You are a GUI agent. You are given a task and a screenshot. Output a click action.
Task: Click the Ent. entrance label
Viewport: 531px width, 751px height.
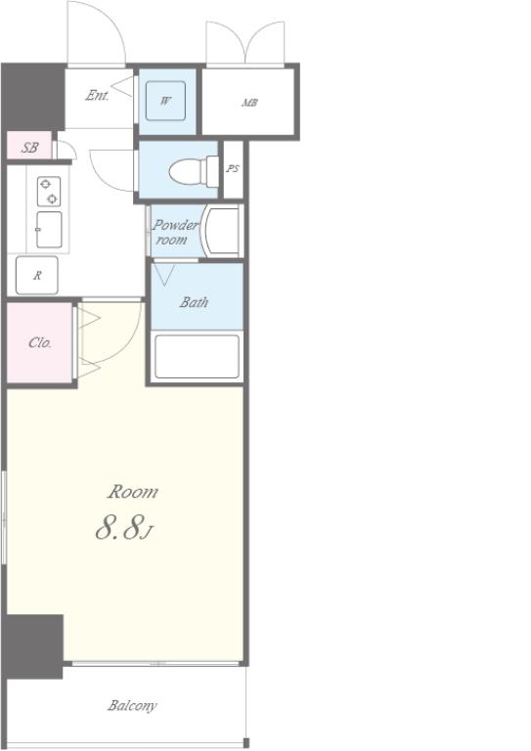pos(97,95)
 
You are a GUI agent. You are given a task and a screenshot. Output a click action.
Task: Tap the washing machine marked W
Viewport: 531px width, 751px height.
pos(165,101)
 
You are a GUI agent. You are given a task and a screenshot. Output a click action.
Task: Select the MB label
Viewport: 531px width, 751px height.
pos(249,103)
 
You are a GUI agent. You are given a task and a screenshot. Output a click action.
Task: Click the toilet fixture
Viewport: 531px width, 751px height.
pos(194,171)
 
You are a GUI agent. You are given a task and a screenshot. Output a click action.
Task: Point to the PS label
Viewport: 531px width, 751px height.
pos(233,168)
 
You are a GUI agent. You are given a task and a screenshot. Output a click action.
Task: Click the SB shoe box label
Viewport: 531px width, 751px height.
pos(29,148)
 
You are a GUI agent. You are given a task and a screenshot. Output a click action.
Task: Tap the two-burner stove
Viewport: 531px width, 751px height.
pos(49,191)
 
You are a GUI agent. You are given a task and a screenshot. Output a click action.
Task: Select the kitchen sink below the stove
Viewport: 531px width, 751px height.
pos(49,230)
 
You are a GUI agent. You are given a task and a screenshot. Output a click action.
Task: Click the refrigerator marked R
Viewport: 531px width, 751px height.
pos(37,275)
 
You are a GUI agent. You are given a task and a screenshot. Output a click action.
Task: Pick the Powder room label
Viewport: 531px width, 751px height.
pos(175,233)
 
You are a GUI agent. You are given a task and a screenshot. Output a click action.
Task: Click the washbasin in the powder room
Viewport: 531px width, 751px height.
pos(220,232)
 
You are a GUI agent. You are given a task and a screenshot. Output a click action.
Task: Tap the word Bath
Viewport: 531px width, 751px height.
pos(194,302)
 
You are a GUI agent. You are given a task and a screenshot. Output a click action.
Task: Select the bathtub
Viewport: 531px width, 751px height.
pos(197,356)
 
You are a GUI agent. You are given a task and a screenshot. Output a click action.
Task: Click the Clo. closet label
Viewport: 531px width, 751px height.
pos(40,342)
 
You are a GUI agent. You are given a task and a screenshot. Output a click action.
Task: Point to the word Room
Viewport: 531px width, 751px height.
pos(132,492)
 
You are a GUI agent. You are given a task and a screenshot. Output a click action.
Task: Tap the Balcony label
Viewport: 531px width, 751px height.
pos(132,705)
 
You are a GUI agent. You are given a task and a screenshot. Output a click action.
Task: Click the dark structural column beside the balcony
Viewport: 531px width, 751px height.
pos(33,646)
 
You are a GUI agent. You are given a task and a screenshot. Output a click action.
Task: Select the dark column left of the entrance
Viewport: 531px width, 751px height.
pos(33,97)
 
